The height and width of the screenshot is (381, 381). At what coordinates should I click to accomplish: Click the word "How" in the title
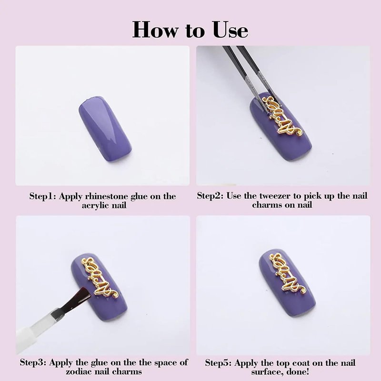pos(155,30)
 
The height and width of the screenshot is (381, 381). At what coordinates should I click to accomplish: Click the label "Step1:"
pos(43,196)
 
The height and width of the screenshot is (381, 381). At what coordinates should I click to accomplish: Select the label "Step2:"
pos(210,195)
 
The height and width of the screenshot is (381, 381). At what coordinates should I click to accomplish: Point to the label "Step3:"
pos(33,362)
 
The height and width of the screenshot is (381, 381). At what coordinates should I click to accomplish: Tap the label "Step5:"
pos(218,363)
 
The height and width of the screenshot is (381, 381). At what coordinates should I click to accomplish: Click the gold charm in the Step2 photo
pos(282,116)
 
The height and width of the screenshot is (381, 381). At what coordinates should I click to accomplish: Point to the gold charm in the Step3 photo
pos(100,278)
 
